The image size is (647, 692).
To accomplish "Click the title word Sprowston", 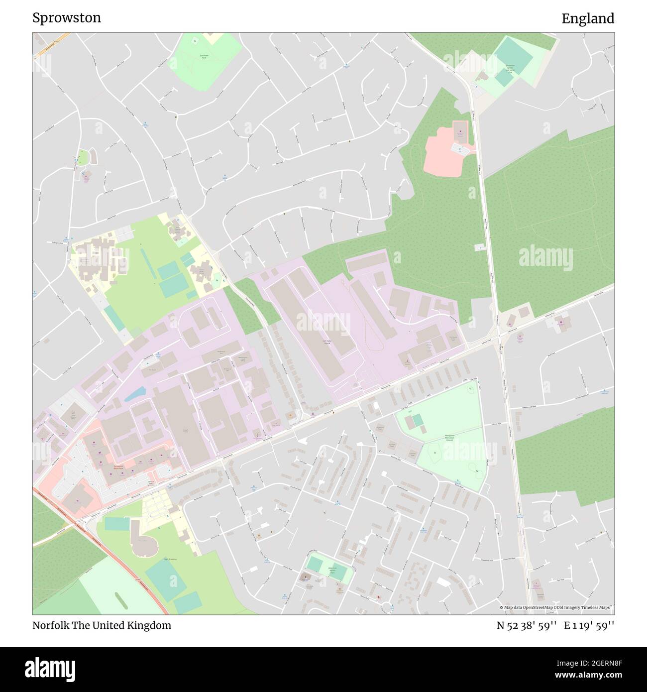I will (67, 18).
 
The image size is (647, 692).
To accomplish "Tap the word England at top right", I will (588, 18).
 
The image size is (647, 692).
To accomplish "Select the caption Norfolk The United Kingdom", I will (102, 625).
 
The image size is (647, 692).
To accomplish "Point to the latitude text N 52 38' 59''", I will (527, 625).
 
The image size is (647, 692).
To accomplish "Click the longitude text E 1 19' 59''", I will (589, 625).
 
